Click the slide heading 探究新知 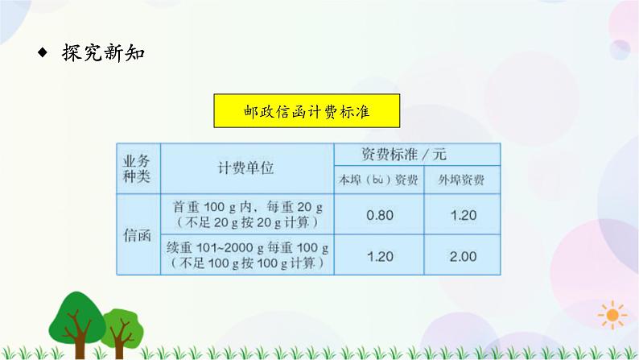point(102,55)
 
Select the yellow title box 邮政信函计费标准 point(307,112)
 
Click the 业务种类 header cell point(138,168)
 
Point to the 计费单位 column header point(246,168)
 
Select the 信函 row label point(138,234)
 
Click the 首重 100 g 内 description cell point(246,213)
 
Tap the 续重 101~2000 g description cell point(246,255)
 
